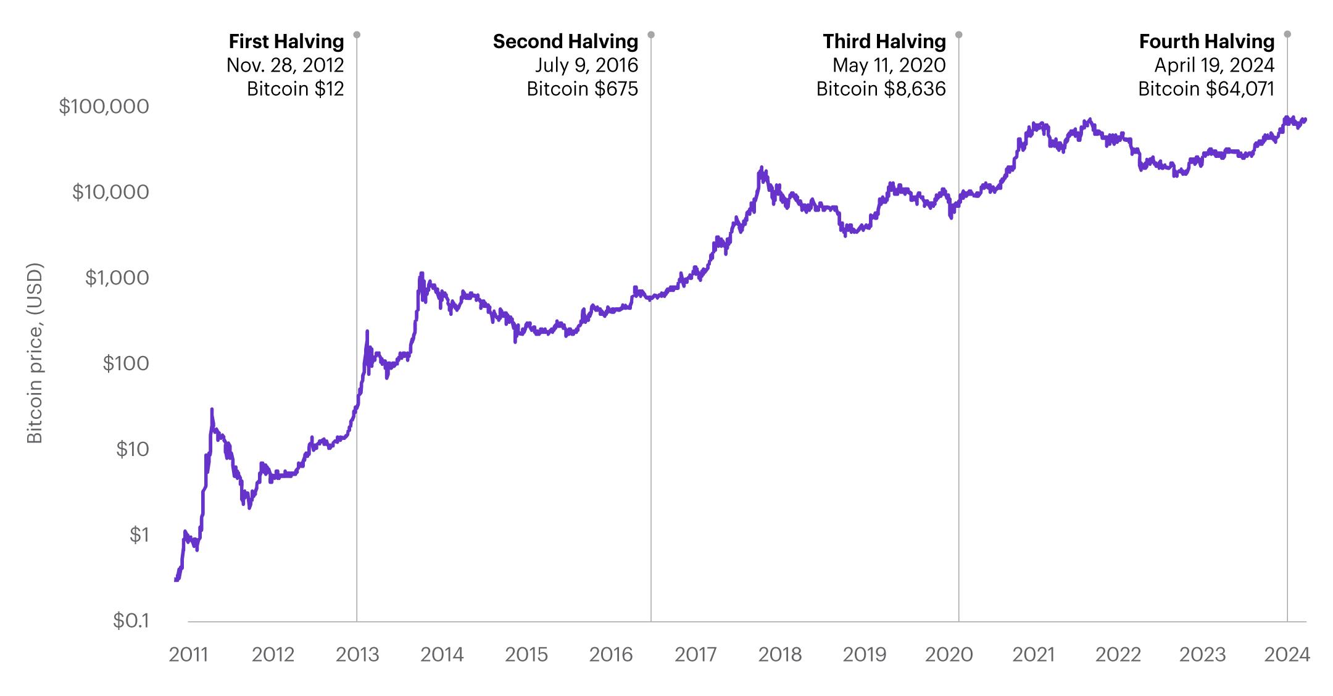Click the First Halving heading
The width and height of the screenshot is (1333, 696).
tap(286, 41)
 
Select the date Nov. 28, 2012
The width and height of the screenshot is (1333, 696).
tap(285, 65)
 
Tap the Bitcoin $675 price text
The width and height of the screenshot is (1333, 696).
tap(582, 89)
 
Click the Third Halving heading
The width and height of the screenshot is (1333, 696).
tap(884, 41)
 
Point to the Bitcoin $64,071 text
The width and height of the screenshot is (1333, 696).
tap(1206, 89)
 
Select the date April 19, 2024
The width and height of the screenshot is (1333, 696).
tap(1214, 65)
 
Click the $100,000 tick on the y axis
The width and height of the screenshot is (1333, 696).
tap(104, 107)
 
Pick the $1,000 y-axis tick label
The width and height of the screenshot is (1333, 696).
tap(117, 278)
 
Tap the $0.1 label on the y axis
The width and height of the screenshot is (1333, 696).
tap(131, 621)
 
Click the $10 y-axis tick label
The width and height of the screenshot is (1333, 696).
tap(132, 449)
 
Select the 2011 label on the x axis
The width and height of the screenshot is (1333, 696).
tap(188, 655)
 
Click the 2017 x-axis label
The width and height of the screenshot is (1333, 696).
tap(696, 655)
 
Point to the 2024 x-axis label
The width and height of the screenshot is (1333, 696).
tap(1287, 655)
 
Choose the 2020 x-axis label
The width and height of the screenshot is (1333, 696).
tap(949, 655)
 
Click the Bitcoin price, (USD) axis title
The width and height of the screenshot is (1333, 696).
tap(35, 353)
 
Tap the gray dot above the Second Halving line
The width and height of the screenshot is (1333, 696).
tap(651, 35)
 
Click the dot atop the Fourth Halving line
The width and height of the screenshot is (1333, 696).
tap(1287, 35)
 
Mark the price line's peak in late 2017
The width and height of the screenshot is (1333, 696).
tap(762, 167)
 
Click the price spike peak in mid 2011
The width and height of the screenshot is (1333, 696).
tap(212, 409)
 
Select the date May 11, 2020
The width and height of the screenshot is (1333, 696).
tap(889, 65)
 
